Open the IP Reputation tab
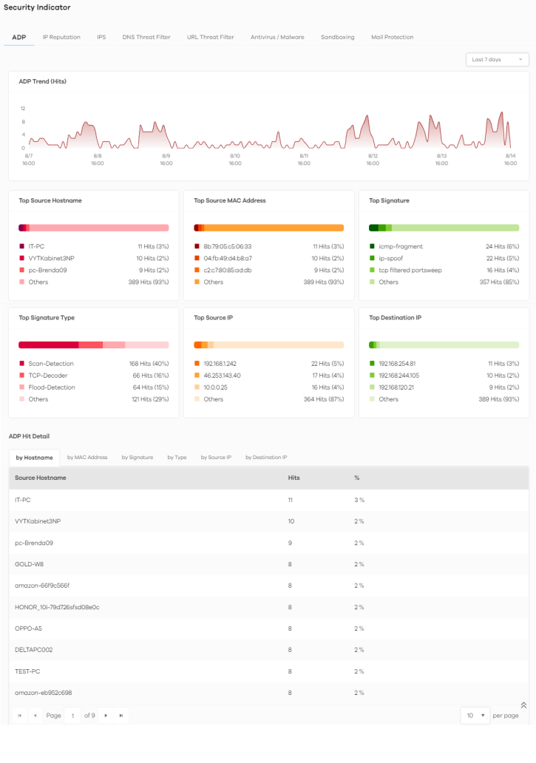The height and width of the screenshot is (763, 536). pyautogui.click(x=61, y=37)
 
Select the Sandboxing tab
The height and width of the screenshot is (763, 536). pyautogui.click(x=337, y=37)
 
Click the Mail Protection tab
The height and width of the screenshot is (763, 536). pyautogui.click(x=392, y=37)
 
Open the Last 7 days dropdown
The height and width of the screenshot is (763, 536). pyautogui.click(x=497, y=59)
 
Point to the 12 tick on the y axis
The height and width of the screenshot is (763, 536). pyautogui.click(x=23, y=109)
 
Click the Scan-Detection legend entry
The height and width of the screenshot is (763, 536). pyautogui.click(x=50, y=364)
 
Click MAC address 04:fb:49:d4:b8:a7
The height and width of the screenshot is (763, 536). pyautogui.click(x=228, y=258)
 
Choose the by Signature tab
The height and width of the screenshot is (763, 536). pyautogui.click(x=138, y=458)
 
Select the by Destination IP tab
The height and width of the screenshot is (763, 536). pyautogui.click(x=266, y=458)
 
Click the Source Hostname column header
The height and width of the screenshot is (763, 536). pyautogui.click(x=41, y=478)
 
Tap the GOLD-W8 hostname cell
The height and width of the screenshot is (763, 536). pyautogui.click(x=29, y=564)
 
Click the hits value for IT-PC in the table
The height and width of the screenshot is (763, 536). pyautogui.click(x=291, y=500)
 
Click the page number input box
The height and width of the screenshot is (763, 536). pyautogui.click(x=72, y=715)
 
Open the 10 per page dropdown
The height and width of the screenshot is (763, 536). pyautogui.click(x=475, y=715)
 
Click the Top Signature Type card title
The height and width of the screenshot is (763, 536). pyautogui.click(x=47, y=318)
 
